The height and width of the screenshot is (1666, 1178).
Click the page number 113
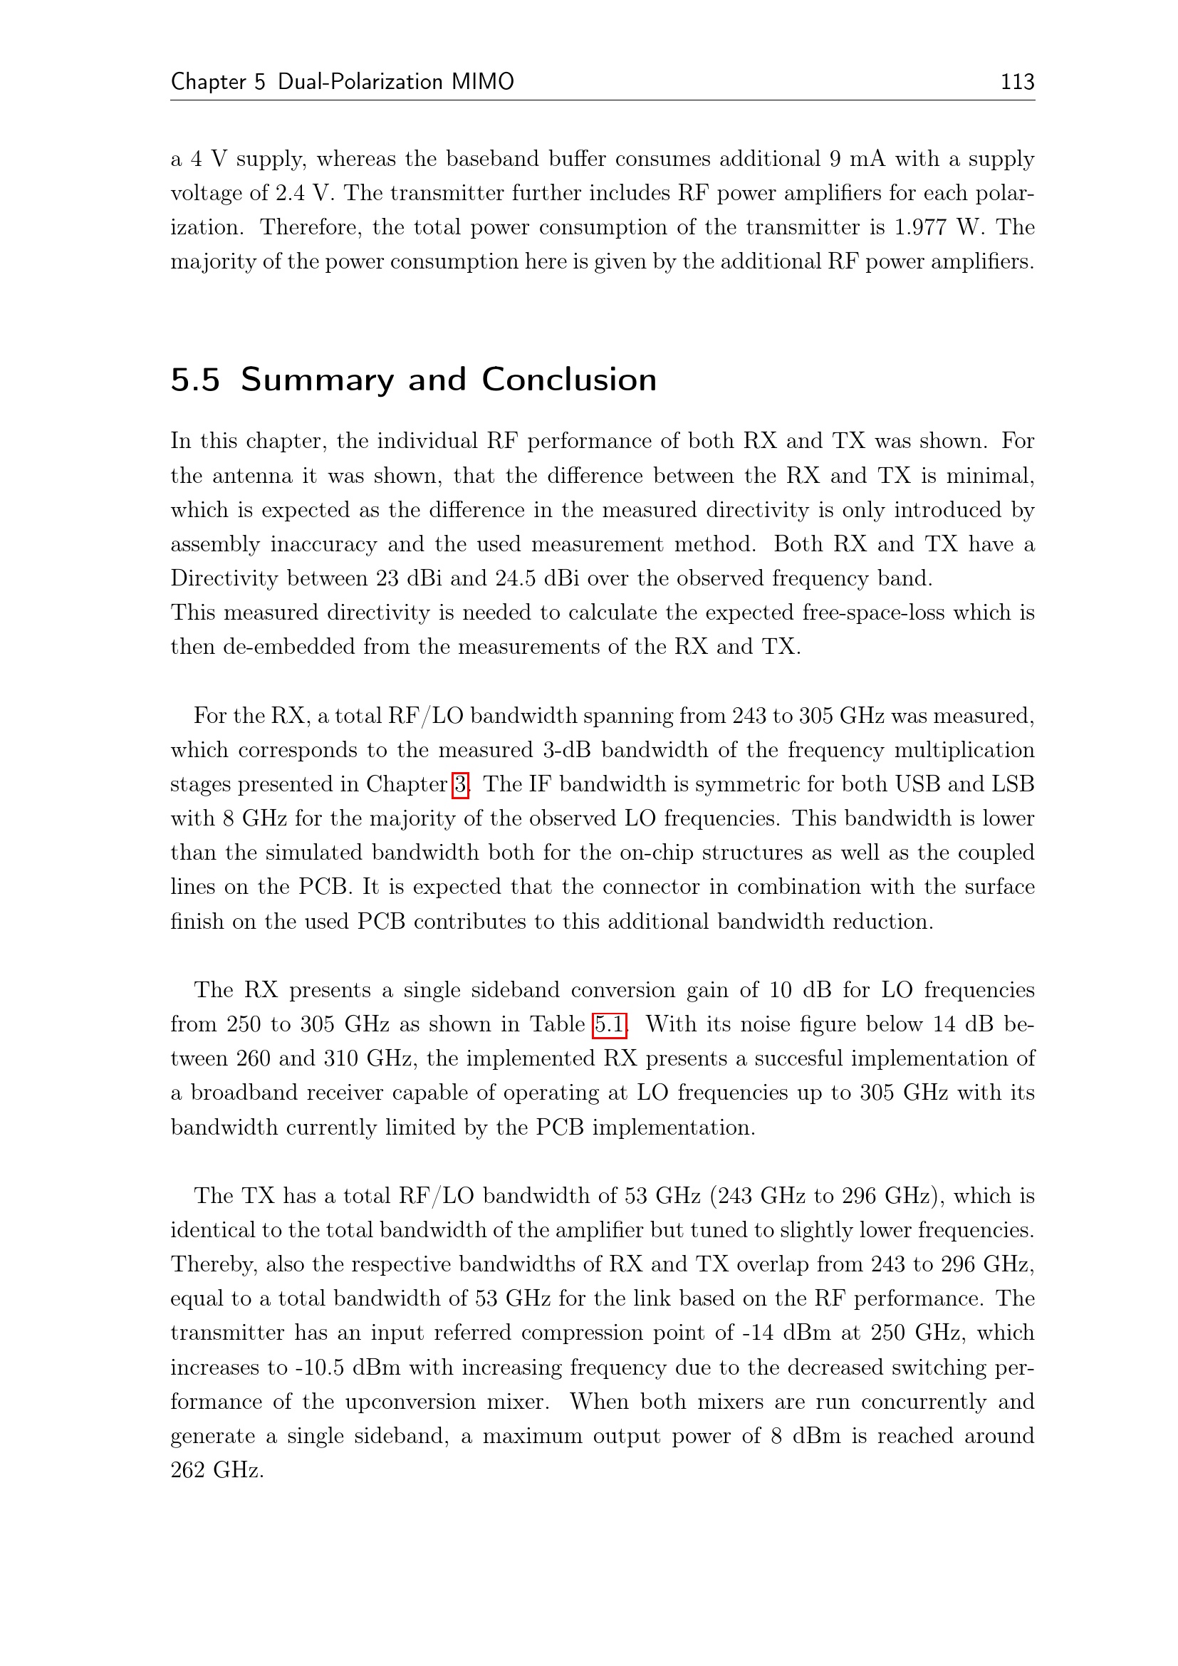[1017, 81]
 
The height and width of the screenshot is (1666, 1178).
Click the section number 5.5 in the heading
[195, 380]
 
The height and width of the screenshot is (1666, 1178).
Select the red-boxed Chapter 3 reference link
[460, 784]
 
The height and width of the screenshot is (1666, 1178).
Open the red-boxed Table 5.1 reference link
[610, 1024]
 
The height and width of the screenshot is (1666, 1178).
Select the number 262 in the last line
[188, 1470]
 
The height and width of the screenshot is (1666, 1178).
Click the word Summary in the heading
[316, 380]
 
